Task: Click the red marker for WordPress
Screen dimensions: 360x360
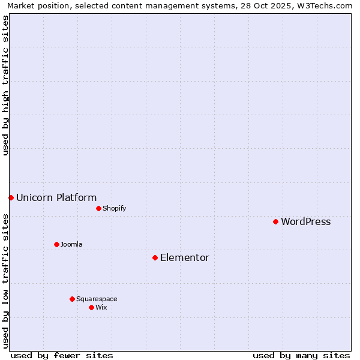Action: coord(275,221)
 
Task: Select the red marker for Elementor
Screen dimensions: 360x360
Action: coord(155,257)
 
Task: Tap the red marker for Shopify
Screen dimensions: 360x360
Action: coord(98,208)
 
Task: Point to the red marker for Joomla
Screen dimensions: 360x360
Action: coord(56,244)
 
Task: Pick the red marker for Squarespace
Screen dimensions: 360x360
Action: coord(72,299)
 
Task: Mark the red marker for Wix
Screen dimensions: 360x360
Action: coord(91,307)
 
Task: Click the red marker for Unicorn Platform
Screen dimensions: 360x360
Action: coord(11,197)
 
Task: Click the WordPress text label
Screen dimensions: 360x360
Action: coord(305,222)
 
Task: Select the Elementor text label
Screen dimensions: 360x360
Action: coord(185,258)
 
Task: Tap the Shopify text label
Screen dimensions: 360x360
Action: coord(114,209)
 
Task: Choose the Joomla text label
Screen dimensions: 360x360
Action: coord(71,245)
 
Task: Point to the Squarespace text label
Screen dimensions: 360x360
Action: coord(97,299)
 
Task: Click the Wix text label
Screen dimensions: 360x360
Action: coord(101,308)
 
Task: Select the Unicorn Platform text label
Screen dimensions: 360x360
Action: coord(56,198)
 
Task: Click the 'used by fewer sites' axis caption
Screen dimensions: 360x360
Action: coord(62,355)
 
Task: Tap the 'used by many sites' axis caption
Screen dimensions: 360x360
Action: coord(301,355)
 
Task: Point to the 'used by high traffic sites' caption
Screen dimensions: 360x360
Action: coord(6,85)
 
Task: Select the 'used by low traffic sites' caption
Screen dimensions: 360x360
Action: coord(6,281)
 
